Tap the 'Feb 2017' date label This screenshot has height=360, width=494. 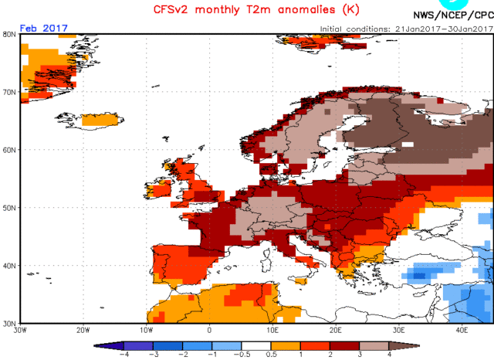point(44,28)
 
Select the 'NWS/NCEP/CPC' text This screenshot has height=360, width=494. point(452,15)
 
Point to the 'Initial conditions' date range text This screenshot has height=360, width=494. point(404,29)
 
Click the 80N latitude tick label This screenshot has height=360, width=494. point(10,34)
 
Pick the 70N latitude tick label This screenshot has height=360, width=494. point(10,92)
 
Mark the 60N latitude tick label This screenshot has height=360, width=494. point(10,150)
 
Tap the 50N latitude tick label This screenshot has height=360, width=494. point(10,208)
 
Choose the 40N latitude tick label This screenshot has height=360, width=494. point(10,266)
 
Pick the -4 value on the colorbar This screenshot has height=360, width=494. point(123,355)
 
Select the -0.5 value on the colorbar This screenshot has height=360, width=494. point(245,355)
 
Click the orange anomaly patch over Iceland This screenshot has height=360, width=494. point(100,120)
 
